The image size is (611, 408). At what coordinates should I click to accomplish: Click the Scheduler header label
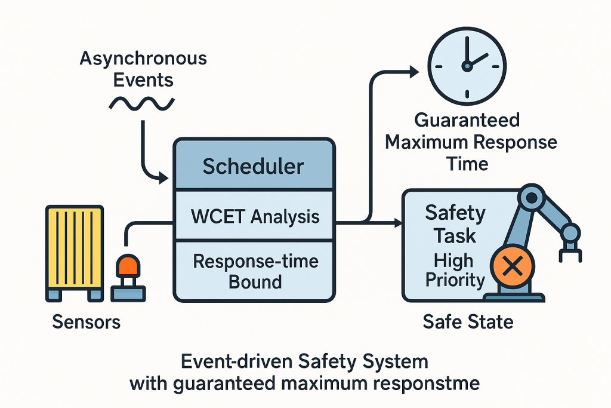[253, 166]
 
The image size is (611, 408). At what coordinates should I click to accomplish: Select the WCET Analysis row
[255, 216]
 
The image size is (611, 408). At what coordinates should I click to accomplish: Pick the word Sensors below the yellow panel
[87, 323]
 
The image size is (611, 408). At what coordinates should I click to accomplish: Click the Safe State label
[468, 323]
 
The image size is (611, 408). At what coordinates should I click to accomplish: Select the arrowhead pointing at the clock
[413, 72]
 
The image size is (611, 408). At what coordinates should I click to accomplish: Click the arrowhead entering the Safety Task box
[397, 223]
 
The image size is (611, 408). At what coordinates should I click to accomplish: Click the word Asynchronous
[143, 59]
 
